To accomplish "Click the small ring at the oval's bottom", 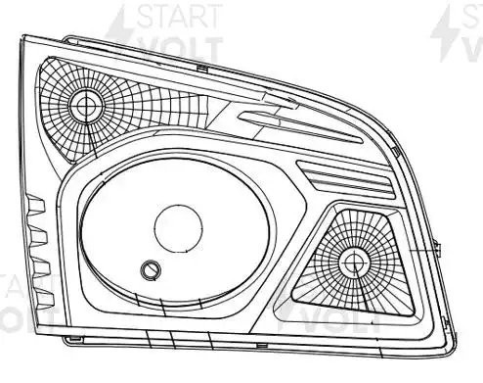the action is pyautogui.click(x=149, y=269).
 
